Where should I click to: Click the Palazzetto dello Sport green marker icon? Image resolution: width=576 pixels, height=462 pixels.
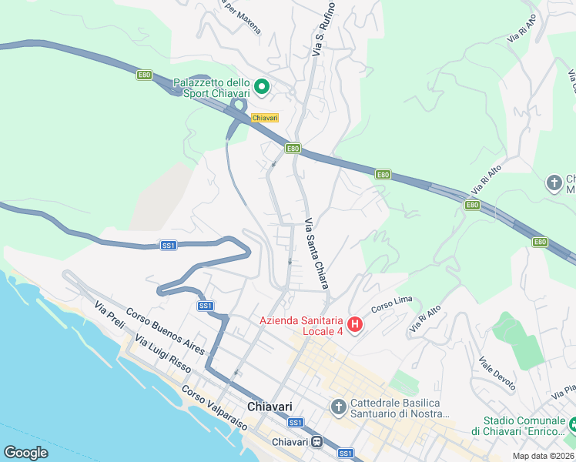pos(261,88)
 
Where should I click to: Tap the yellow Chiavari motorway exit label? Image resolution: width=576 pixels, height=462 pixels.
pos(264,118)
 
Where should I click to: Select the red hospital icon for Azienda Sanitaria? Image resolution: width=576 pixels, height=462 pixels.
pos(354,326)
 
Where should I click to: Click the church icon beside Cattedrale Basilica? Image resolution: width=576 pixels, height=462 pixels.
pos(338,406)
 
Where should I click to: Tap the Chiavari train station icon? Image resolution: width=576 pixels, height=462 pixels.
pos(316,443)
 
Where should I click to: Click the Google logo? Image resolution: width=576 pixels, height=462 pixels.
pos(25,453)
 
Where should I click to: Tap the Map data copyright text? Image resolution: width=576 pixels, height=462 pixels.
pos(542,456)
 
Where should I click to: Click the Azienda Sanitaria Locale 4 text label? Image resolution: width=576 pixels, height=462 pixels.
pos(301,326)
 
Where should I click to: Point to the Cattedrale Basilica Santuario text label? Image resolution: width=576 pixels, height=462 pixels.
pos(399,409)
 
